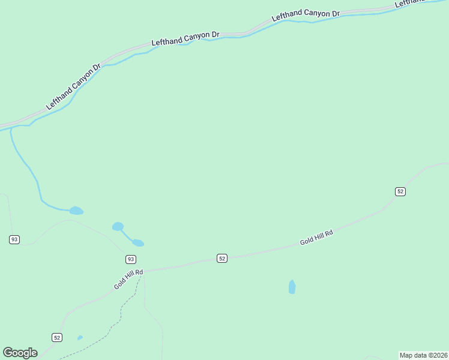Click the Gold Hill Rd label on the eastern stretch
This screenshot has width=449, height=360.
[x=316, y=238]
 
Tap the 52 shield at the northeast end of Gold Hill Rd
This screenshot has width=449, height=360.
[x=400, y=191]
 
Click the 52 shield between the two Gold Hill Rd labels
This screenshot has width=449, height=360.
[x=222, y=258]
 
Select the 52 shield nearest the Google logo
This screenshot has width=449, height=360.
[x=56, y=337]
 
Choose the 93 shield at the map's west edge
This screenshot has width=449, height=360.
[x=14, y=239]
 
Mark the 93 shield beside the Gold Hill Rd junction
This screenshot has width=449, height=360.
[x=131, y=259]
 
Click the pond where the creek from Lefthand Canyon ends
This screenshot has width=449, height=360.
[x=76, y=211]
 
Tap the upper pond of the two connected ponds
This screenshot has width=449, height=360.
[x=118, y=226]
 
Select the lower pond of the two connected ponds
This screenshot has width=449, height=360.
[x=138, y=243]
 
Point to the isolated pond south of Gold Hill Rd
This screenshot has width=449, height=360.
[x=292, y=287]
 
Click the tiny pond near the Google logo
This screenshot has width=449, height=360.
[x=80, y=338]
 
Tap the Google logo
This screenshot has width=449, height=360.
[x=20, y=352]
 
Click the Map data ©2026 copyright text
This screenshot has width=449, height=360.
[x=423, y=355]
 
